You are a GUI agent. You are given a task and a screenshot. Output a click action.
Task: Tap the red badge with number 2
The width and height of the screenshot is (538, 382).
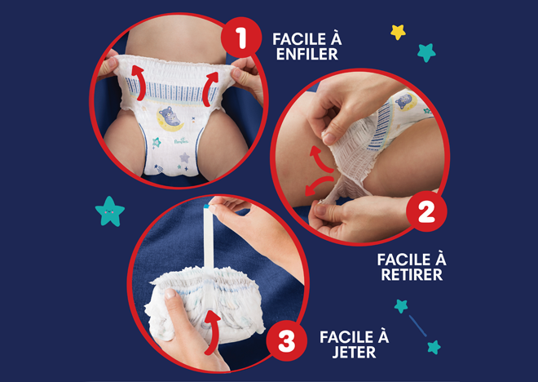tap(426, 215)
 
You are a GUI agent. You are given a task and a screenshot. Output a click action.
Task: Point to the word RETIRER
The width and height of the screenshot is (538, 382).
tap(412, 274)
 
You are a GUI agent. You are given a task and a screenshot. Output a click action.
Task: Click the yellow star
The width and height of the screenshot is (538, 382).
tap(398, 32)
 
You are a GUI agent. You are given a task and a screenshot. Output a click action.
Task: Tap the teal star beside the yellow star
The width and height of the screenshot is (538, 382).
tap(426, 52)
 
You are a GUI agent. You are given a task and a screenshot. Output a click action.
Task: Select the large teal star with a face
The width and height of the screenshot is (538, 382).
tap(110, 211)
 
